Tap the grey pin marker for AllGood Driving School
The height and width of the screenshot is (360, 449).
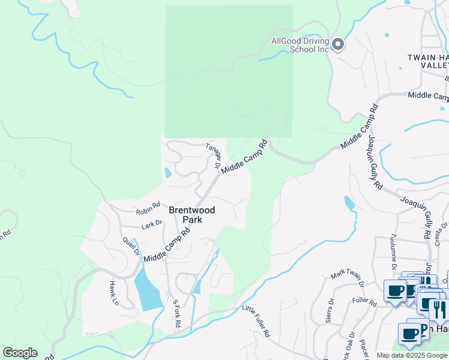337,44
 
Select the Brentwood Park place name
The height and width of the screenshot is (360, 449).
192,215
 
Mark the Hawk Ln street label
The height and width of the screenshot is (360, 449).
112,293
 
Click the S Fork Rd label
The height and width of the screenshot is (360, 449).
176,313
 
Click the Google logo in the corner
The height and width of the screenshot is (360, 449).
20,352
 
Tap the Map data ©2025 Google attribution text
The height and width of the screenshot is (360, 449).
412,355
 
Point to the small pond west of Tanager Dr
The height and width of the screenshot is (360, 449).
167,173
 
